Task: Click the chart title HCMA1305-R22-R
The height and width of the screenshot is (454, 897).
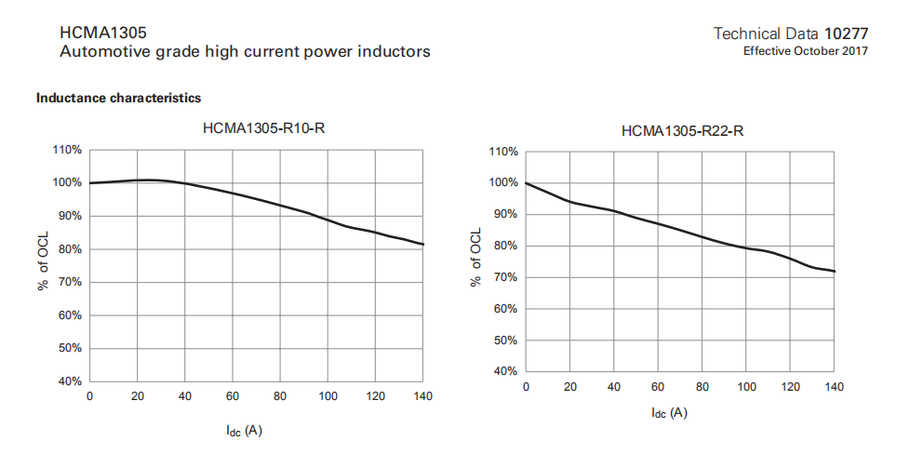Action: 682,131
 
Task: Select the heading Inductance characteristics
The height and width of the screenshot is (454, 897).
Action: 118,98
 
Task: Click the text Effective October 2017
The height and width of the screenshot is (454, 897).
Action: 805,51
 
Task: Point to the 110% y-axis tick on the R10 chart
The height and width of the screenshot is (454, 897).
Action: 68,149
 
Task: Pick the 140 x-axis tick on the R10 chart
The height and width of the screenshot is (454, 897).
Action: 422,397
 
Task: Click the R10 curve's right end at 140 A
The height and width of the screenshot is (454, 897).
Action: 423,245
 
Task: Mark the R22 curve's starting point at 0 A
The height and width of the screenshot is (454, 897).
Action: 527,183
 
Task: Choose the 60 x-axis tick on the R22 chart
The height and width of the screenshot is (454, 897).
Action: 657,387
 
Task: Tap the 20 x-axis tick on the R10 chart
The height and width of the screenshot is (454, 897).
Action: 137,397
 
